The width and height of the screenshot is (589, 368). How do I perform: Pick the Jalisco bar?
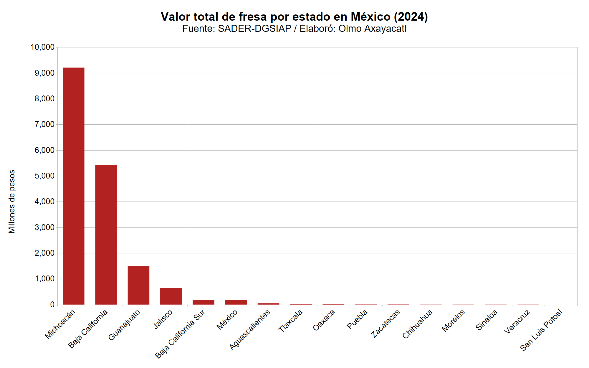click(171, 296)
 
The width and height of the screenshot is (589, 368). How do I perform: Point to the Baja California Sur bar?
click(203, 302)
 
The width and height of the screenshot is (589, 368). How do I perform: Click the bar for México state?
click(236, 303)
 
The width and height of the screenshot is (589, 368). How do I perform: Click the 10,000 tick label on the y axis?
click(43, 47)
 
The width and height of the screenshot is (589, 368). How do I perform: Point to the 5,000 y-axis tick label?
click(44, 176)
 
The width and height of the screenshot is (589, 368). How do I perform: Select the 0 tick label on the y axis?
click(52, 305)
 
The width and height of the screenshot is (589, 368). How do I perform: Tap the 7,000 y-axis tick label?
click(44, 124)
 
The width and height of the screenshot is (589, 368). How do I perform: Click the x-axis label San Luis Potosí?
click(541, 330)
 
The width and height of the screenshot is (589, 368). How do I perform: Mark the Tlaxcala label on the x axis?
click(290, 321)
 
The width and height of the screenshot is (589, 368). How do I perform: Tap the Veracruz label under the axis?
click(517, 321)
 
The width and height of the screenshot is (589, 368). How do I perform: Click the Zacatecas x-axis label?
click(386, 324)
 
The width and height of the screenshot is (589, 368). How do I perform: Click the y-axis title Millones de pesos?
click(12, 202)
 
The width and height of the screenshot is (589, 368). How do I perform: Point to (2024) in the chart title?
click(411, 17)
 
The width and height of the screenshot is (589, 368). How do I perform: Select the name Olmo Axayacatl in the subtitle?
click(372, 29)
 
